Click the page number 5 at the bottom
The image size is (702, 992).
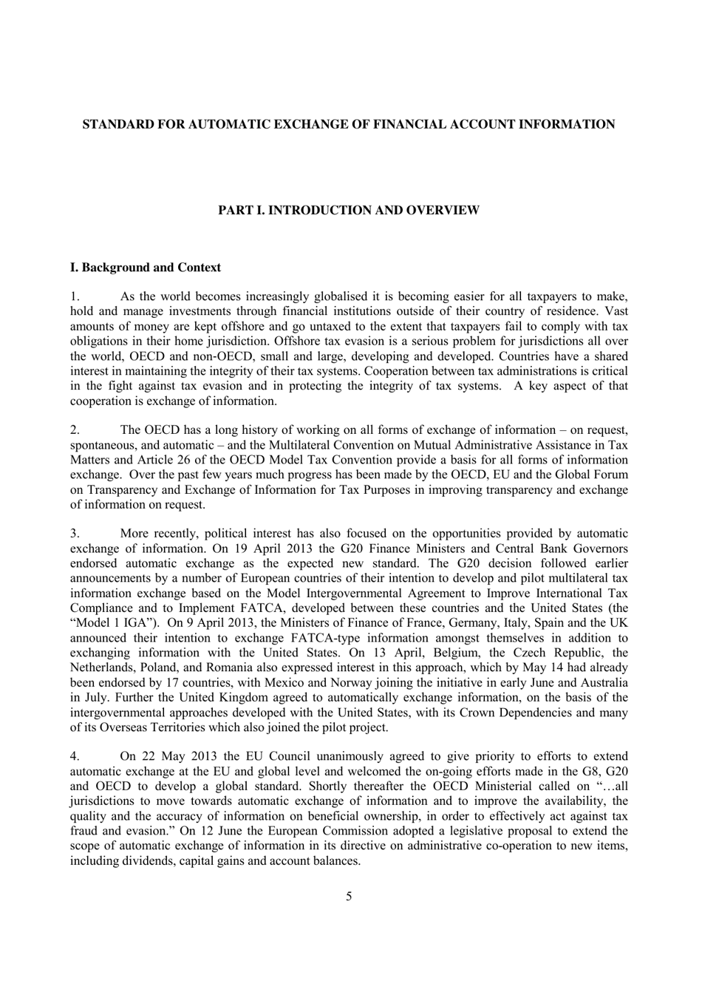click(349, 897)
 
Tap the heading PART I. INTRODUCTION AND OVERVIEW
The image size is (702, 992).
click(348, 211)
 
